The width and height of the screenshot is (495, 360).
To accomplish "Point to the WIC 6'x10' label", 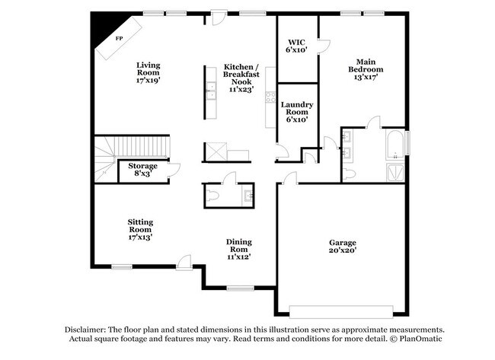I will pyautogui.click(x=295, y=45).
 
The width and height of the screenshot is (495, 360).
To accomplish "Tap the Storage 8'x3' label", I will pyautogui.click(x=142, y=170).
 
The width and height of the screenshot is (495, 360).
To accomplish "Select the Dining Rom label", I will pyautogui.click(x=239, y=249).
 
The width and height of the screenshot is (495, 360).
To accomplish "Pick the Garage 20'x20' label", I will pyautogui.click(x=342, y=246).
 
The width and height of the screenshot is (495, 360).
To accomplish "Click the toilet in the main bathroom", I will pyautogui.click(x=349, y=174).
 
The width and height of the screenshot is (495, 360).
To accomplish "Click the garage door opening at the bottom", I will pyautogui.click(x=342, y=312).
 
